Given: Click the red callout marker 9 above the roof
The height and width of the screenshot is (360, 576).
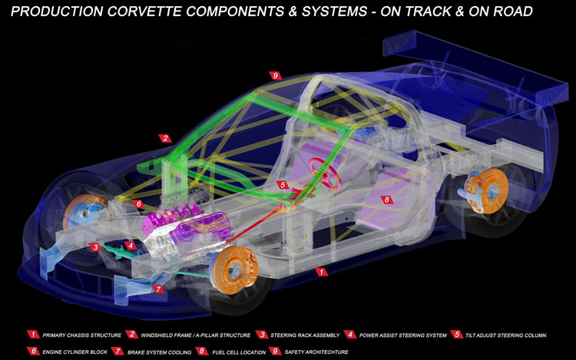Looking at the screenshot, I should point(276,75).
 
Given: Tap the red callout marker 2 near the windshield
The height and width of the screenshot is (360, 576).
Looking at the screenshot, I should point(165,139).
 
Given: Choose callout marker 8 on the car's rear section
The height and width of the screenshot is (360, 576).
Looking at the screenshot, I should point(386,200).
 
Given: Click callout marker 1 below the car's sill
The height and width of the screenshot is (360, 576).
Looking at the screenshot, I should point(323,272).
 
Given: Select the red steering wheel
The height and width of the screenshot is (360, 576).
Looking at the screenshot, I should point(328,173).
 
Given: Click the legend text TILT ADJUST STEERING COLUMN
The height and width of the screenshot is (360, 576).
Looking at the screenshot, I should point(511,335).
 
